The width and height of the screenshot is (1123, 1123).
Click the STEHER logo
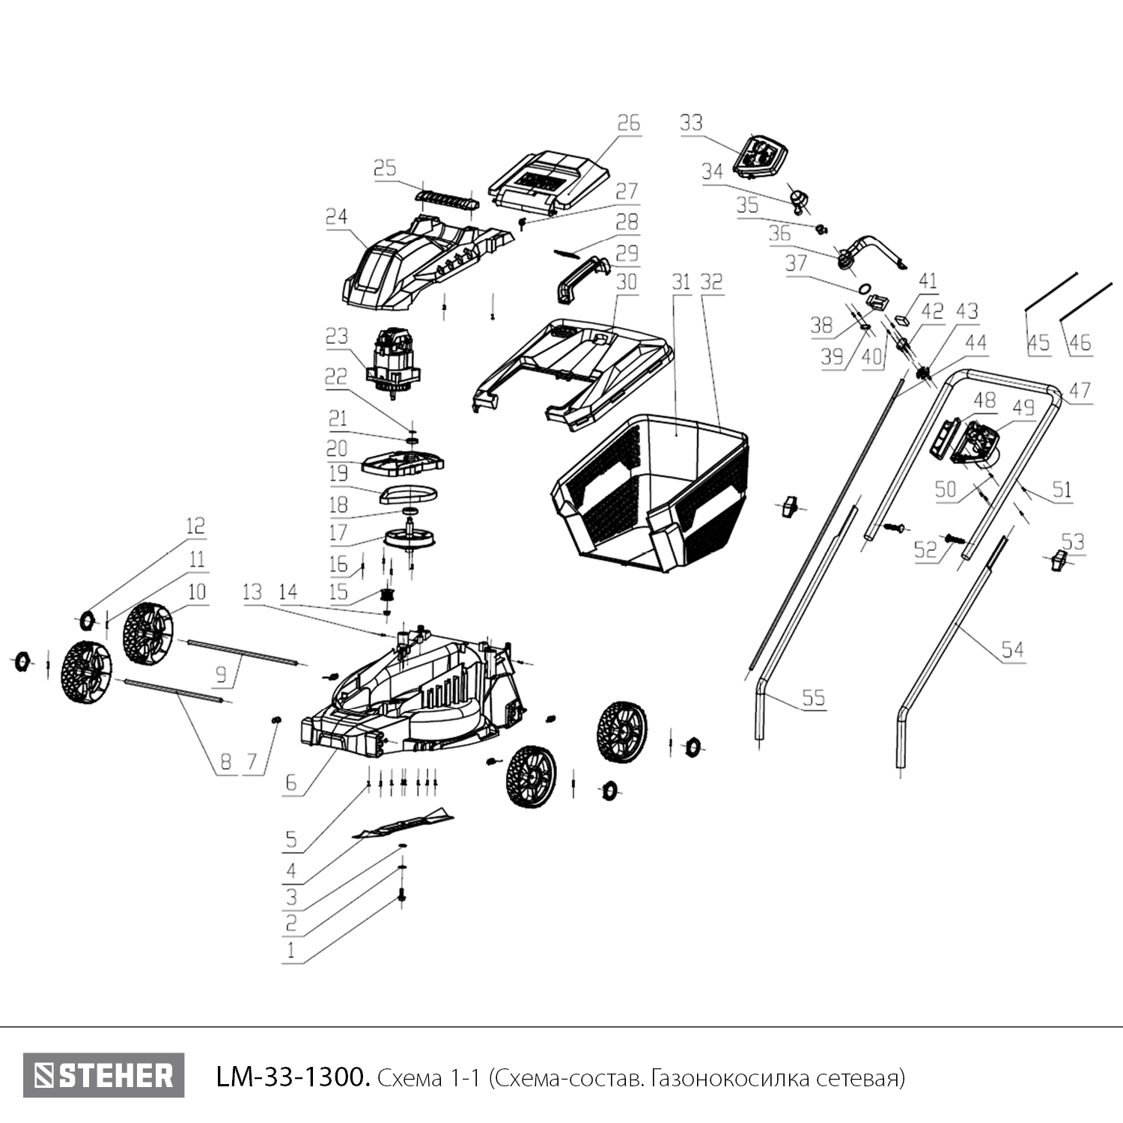click(x=103, y=1076)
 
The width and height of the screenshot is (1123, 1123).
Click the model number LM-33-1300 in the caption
click(x=292, y=1078)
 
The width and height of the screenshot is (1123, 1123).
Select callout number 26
click(x=629, y=123)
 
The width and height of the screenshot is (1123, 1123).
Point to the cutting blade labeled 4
click(x=404, y=824)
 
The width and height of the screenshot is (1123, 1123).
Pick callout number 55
click(x=813, y=698)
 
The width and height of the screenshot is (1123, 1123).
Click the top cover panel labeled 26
click(x=547, y=180)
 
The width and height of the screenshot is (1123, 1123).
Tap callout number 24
click(x=336, y=217)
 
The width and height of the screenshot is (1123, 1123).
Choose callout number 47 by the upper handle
click(x=1080, y=390)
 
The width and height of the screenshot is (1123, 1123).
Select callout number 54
click(x=1012, y=649)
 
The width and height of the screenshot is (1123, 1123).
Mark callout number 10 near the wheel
click(x=196, y=592)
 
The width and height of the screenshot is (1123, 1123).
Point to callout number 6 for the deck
click(x=290, y=783)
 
